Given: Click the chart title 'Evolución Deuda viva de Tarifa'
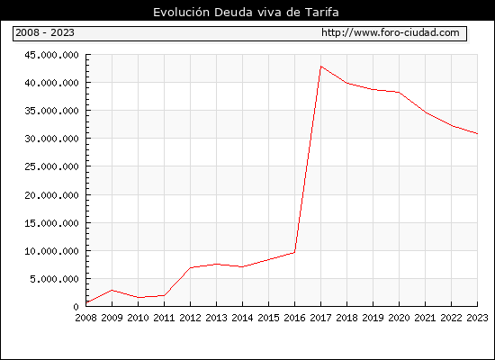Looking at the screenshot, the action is point(246,13).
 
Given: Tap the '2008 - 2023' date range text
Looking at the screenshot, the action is point(45,32).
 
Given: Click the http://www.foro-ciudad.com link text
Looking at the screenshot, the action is point(391,32).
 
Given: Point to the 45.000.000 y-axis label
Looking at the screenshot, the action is point(52,55).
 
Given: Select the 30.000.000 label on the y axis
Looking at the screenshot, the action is point(52,139).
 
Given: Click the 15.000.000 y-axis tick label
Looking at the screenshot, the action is point(52,223).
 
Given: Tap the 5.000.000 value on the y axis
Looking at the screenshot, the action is point(54,279).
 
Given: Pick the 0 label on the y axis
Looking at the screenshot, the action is point(76,307).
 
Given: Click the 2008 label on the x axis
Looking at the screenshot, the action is point(85,318).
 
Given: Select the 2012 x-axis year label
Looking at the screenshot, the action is point(191,318).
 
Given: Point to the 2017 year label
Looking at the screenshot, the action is point(320,318).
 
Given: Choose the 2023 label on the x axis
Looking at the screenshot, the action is point(477,318).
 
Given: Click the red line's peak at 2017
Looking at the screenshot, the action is point(320,67).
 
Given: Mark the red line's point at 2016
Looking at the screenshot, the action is point(294,252).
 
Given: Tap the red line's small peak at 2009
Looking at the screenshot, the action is point(112,290).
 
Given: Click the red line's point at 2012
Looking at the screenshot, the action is point(191,267).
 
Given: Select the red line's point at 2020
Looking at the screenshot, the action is point(399,92).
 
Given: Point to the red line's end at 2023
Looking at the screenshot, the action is point(477,133).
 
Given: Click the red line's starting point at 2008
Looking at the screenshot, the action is point(86,302).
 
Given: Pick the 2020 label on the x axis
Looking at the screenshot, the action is point(399,318).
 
